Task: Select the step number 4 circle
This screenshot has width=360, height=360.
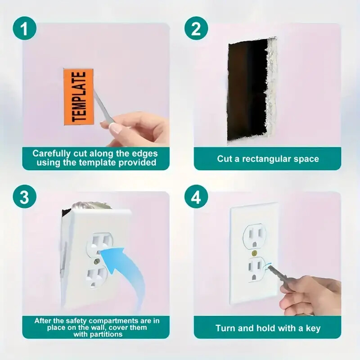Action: tap(196, 198)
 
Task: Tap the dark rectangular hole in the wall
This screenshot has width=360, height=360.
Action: tap(247, 90)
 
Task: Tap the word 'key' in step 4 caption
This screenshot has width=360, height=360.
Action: tap(313, 328)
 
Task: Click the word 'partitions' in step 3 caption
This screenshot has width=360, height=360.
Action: tap(108, 334)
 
